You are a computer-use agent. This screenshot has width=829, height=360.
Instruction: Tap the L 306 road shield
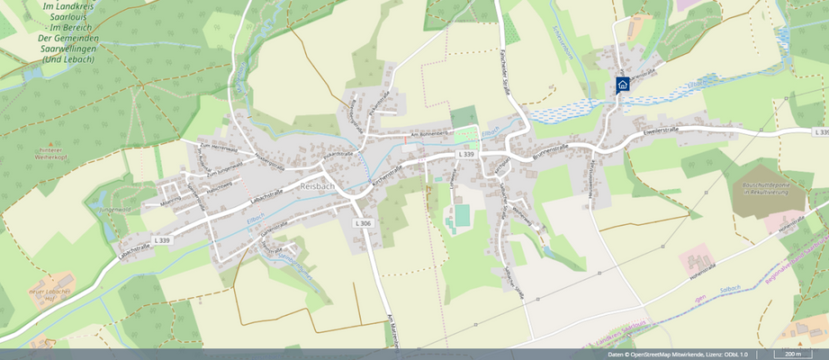pyautogui.click(x=363, y=222)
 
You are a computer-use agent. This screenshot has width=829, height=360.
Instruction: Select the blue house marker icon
pyautogui.click(x=622, y=85)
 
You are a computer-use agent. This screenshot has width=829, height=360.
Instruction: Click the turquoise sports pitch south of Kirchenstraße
pyautogui.click(x=462, y=215)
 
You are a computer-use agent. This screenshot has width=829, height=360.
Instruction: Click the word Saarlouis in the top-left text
pyautogui.click(x=68, y=16)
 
